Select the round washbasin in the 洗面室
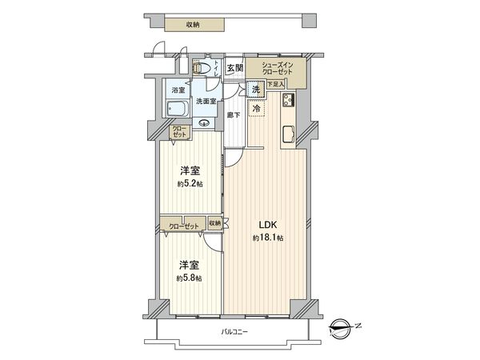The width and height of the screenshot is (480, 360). (204, 124)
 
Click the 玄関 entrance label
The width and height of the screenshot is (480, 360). (234, 69)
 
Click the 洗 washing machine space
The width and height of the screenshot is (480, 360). (256, 90)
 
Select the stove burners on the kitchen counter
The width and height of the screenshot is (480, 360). (288, 101)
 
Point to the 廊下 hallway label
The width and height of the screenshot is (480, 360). (234, 114)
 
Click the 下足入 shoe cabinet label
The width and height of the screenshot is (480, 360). (276, 84)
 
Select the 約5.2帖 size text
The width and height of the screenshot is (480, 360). (189, 183)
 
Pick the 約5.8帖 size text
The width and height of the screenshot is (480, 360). (189, 278)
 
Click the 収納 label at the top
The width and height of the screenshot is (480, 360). (193, 25)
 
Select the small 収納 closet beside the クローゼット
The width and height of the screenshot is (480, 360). (216, 224)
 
